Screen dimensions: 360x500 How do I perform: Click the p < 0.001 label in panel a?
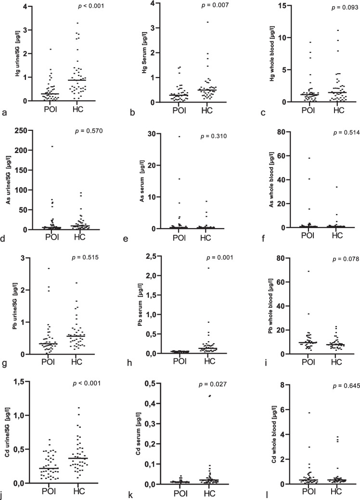(91, 6)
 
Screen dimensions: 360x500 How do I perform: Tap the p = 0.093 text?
(345, 8)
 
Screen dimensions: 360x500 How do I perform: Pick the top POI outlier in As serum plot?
(179, 137)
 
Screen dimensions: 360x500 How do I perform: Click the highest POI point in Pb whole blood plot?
(309, 271)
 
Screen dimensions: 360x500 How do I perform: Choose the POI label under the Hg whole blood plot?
(308, 110)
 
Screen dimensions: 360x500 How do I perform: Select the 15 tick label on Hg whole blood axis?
(281, 6)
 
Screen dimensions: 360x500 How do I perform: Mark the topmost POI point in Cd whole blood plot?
(309, 413)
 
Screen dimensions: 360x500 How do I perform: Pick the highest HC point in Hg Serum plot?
(207, 22)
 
